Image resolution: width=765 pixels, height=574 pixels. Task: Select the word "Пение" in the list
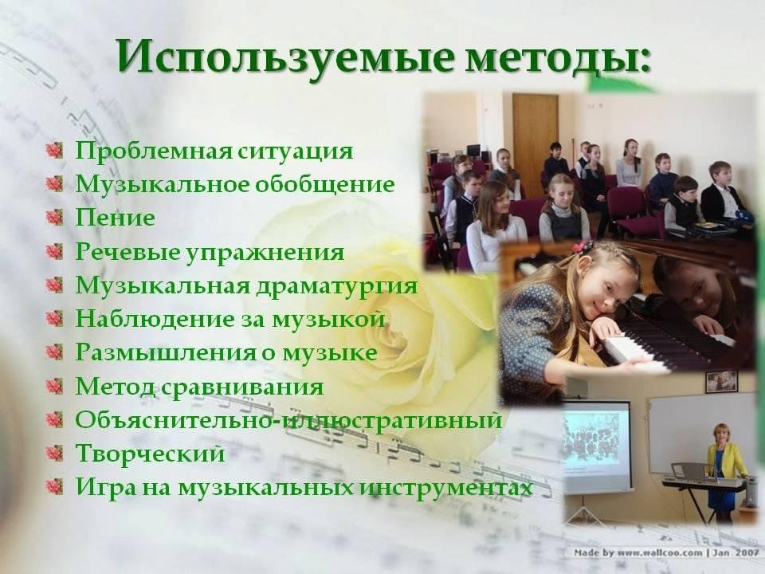coord(115,218)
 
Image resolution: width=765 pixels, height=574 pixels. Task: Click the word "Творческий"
coord(151,454)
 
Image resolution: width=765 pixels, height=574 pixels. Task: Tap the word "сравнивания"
coord(242,387)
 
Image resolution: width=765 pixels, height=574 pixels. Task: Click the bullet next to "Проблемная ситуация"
coord(55,151)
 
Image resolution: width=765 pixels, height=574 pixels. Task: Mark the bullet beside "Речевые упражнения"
coord(55,252)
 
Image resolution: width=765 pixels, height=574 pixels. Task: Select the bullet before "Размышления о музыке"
coord(55,352)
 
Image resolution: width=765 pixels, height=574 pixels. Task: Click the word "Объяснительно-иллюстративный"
coord(288,420)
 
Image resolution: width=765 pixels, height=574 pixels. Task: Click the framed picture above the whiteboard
coord(722,382)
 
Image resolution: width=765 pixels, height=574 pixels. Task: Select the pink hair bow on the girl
coord(583,246)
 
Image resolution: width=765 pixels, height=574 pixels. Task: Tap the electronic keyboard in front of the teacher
coord(704,482)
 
